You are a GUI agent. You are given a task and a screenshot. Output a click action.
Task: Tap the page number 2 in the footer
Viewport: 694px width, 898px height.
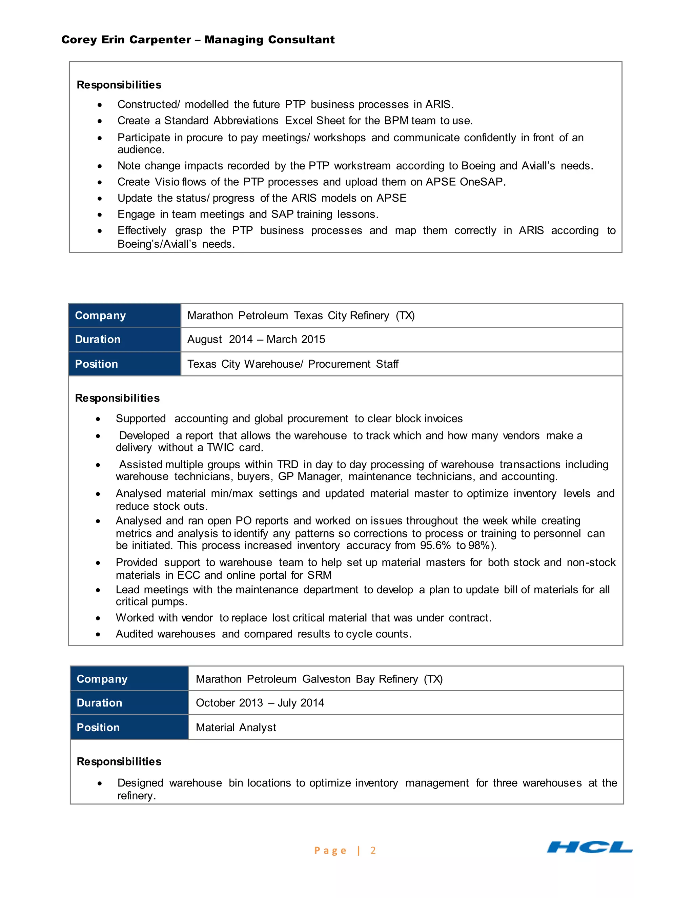373,850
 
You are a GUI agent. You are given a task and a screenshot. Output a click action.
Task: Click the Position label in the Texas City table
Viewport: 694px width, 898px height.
96,364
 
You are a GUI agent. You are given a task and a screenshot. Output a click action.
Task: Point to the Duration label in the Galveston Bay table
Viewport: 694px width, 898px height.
100,703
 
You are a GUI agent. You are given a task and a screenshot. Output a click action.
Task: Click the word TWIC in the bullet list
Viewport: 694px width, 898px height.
220,447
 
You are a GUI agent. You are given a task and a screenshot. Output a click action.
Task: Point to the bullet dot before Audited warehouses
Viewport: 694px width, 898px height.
98,634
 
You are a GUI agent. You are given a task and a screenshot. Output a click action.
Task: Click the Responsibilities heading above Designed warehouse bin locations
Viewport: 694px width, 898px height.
119,761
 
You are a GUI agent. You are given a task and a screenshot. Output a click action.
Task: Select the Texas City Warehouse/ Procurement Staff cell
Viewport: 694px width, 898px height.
293,364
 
